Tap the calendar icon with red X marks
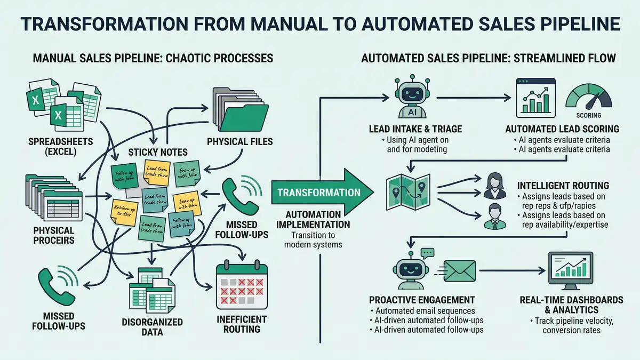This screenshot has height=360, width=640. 241,286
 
